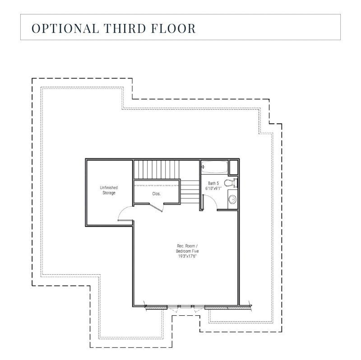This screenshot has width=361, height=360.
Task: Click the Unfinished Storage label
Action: point(108,190)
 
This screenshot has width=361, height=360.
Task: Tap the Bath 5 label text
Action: point(213,183)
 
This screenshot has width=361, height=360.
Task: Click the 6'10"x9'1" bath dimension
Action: point(214,188)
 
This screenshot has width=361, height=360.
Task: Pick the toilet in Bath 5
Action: point(231,183)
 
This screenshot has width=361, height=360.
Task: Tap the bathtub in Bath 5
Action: point(215,167)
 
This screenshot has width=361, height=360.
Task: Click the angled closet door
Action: point(156,208)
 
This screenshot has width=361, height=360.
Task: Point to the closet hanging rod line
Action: point(157,185)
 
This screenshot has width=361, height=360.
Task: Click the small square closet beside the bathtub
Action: point(234,167)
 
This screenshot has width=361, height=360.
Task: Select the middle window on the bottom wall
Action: point(185,307)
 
